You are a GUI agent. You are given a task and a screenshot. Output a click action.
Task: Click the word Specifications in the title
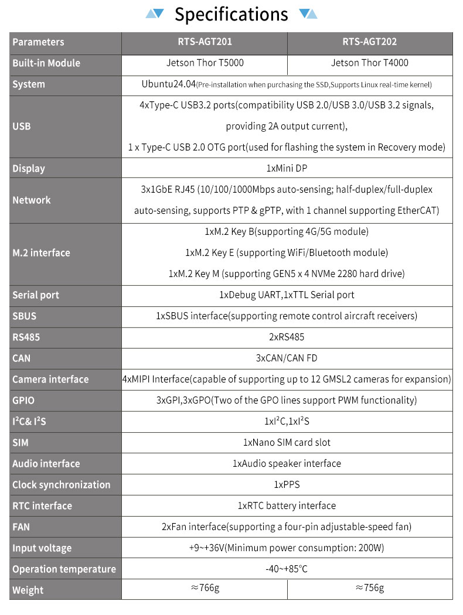coord(231,15)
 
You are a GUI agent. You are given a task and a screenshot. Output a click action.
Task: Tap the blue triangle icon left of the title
coord(155,13)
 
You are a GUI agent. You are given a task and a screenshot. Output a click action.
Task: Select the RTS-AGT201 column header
coord(204,42)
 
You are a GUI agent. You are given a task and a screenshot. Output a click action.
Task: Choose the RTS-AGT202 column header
coord(370,42)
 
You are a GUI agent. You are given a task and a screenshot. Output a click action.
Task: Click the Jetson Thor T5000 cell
coord(204,63)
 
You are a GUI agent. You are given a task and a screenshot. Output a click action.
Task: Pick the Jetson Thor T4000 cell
coord(370,63)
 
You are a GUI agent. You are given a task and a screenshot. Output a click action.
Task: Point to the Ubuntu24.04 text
coord(168,84)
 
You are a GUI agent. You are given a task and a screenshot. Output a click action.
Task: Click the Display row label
coord(29,169)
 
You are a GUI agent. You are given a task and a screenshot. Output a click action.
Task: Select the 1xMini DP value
coord(287,169)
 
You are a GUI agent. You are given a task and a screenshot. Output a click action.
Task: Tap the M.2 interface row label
coord(41,253)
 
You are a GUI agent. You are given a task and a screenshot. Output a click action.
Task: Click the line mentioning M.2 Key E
coord(287,253)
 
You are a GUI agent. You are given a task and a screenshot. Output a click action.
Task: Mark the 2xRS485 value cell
coord(287,337)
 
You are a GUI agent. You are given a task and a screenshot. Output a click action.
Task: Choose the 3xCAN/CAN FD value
coord(287,358)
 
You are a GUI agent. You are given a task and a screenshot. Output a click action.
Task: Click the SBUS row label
coord(24,316)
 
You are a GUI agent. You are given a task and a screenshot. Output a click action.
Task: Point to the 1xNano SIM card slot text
coord(287,443)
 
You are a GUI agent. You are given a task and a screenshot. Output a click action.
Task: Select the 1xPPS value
coord(287,485)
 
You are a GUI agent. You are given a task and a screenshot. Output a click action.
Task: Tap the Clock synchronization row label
coord(61,485)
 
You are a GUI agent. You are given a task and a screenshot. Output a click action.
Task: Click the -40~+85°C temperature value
coord(287,569)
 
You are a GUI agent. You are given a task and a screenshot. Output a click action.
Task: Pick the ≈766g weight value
coord(205,589)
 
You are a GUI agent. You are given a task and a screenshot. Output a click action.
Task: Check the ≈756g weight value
coord(370,589)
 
